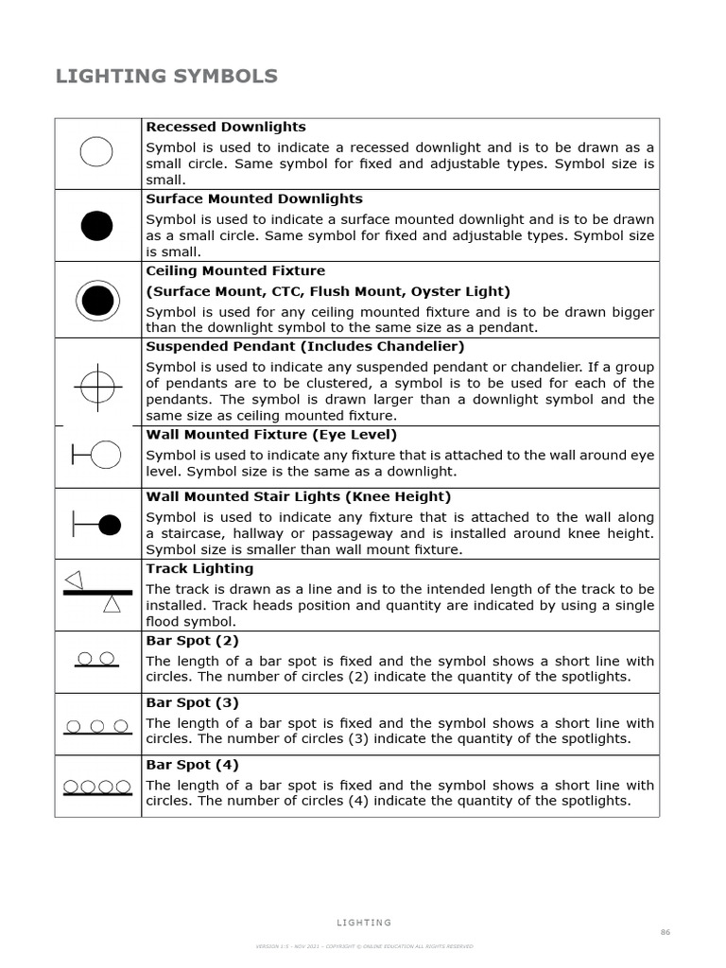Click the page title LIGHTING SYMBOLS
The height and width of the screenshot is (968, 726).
click(166, 77)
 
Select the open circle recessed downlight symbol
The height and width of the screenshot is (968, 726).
click(96, 152)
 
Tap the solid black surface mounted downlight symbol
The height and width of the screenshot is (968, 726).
click(96, 225)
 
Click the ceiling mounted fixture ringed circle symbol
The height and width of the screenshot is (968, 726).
click(96, 301)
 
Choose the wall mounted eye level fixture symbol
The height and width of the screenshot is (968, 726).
click(97, 455)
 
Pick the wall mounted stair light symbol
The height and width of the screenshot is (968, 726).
click(97, 524)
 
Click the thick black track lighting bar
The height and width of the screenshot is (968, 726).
click(97, 593)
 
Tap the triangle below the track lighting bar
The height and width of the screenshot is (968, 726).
click(112, 604)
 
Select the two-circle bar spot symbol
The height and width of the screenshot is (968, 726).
click(96, 660)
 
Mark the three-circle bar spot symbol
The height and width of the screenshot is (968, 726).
click(97, 728)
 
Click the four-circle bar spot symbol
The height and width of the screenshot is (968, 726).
click(96, 787)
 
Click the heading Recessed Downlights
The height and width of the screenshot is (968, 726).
click(225, 127)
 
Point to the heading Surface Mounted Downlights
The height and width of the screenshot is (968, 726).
click(253, 199)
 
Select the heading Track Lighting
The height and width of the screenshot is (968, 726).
click(199, 568)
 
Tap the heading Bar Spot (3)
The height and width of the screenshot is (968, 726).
click(192, 702)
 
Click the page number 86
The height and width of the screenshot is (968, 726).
click(665, 932)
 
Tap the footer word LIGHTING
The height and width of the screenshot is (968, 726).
click(363, 923)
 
